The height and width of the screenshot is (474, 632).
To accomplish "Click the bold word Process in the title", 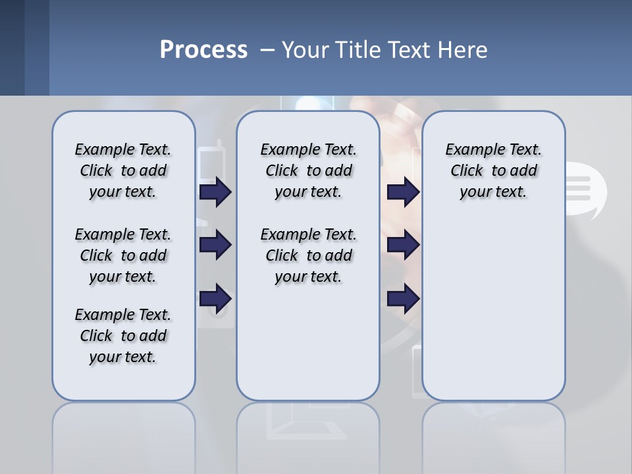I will click(x=203, y=50).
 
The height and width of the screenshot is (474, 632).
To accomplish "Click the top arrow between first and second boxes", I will click(x=215, y=192).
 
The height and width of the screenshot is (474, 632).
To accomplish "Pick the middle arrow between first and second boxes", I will click(x=215, y=246).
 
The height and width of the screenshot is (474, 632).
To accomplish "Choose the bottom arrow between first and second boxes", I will click(x=215, y=299).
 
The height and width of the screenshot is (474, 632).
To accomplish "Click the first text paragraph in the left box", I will click(x=123, y=171).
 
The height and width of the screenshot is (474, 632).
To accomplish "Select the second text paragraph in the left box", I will click(x=123, y=255).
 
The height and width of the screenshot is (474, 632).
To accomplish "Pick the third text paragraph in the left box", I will click(x=123, y=336).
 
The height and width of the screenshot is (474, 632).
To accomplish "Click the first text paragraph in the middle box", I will click(x=308, y=171).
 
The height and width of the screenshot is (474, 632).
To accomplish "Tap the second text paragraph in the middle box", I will click(x=308, y=255).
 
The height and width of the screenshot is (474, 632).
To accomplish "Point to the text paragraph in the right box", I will click(x=493, y=171).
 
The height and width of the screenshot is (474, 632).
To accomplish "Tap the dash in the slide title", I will click(x=267, y=50).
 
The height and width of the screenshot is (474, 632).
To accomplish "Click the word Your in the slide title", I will click(x=305, y=50).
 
